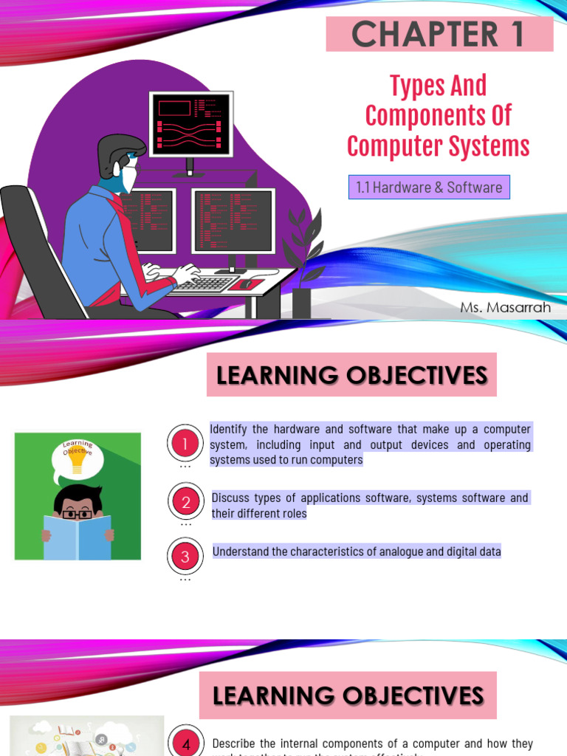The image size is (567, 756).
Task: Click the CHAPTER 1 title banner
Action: (439, 34)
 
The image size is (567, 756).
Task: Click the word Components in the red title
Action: (439, 116)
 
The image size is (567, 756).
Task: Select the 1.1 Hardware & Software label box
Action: (429, 188)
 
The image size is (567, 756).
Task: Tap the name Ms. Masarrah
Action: (506, 307)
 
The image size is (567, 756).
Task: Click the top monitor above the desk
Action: (191, 124)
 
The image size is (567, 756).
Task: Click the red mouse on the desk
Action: (246, 284)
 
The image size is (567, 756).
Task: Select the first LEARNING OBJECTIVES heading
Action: (351, 375)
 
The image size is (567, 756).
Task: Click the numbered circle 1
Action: (185, 444)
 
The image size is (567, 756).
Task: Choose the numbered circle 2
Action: (185, 502)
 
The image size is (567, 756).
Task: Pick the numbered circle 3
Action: (185, 557)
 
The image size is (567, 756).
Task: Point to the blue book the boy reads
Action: (78, 537)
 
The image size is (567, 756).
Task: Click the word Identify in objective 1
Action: (230, 430)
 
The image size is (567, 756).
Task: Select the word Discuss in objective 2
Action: (233, 498)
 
